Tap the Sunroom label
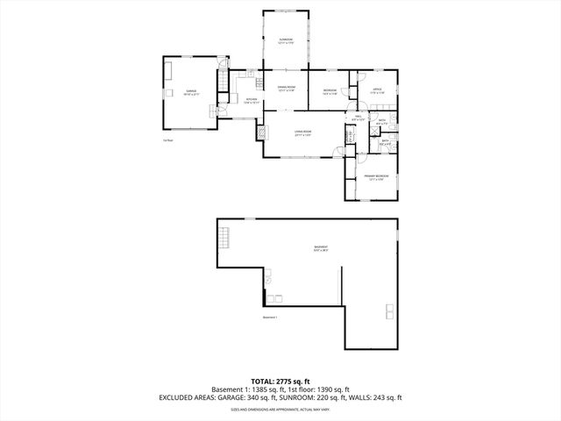286,41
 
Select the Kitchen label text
251,101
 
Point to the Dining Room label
287,89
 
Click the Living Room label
303,133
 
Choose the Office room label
376,90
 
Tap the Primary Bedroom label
377,179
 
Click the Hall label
359,118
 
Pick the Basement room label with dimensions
322,248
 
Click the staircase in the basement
225,238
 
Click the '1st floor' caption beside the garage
167,139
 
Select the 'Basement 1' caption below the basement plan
270,318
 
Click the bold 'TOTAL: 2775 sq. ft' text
280,380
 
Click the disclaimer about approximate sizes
280,409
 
